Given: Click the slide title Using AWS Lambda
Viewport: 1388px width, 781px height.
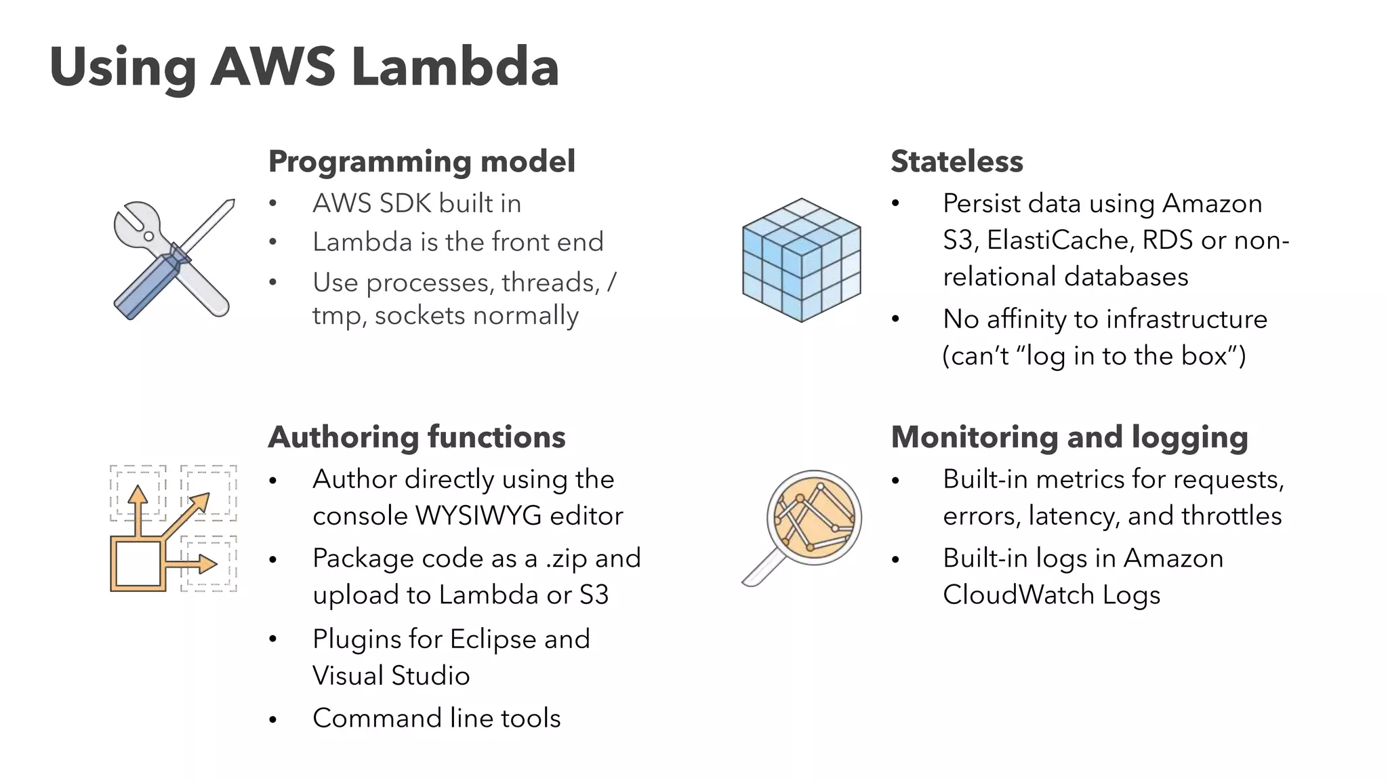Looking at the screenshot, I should coord(304,67).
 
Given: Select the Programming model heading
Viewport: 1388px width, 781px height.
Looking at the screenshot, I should coord(422,161).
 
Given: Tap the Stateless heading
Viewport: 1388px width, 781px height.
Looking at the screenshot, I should coord(956,161).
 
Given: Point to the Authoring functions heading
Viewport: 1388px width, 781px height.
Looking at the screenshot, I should coord(417,437).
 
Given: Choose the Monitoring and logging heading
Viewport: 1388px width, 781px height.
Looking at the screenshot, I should coord(1069,437).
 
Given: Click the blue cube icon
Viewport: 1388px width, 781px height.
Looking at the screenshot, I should coord(802,260).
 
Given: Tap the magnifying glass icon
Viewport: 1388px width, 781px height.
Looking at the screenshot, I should coord(803,525).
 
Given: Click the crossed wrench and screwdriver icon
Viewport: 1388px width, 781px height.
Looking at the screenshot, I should coord(174,259).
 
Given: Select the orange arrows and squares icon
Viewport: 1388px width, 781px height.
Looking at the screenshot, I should coord(173,528).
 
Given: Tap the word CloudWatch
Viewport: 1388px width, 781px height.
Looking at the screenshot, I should coord(1018,595).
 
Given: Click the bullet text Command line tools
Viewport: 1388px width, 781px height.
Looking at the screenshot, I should coord(436,718).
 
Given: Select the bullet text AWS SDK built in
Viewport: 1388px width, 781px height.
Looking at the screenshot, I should coord(417,203).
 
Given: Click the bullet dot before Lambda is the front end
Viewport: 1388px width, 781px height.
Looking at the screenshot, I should coord(273,242).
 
